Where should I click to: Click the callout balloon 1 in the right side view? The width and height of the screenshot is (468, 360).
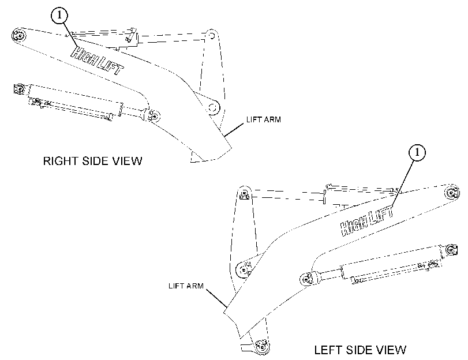click(59, 15)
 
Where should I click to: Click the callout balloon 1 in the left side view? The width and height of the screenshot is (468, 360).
click(417, 152)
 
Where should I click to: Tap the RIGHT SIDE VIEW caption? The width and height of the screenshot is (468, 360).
click(92, 161)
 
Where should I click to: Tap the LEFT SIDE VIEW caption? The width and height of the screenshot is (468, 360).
click(360, 350)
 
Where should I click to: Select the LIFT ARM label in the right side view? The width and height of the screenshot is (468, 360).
click(264, 119)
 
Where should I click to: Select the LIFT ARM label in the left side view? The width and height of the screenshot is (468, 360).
click(186, 286)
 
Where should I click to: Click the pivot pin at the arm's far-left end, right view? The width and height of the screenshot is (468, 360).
click(19, 36)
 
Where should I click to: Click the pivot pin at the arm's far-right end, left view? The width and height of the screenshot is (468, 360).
click(452, 192)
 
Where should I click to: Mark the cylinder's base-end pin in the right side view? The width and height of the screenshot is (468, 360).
click(19, 89)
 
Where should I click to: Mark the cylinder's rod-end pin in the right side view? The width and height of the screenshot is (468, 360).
click(153, 116)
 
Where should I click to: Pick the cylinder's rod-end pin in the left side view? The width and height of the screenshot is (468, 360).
click(307, 279)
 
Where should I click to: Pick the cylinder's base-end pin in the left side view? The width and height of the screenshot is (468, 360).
click(452, 250)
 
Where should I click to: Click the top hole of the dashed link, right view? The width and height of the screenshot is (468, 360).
click(212, 36)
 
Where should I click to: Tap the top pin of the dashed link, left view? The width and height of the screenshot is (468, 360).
click(245, 194)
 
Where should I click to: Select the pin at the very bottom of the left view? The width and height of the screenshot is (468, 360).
click(261, 347)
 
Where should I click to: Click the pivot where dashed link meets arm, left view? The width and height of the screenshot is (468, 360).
click(244, 270)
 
